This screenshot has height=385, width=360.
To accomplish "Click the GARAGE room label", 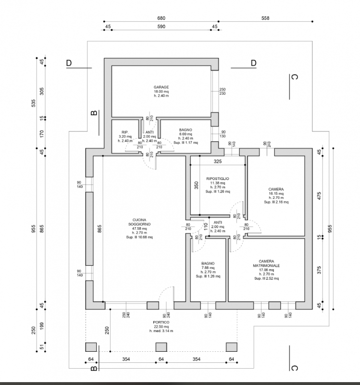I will click(161, 87).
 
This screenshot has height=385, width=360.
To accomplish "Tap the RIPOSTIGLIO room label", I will click(218, 179).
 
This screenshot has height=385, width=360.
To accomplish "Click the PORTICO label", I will click(161, 322).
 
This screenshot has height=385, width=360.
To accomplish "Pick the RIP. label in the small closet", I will click(124, 132).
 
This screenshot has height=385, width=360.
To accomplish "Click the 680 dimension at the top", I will click(161, 18).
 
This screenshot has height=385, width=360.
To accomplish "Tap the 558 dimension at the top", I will click(265, 18).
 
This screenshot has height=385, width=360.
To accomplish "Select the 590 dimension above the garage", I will click(161, 27).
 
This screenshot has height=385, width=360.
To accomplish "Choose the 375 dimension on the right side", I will click(319, 269).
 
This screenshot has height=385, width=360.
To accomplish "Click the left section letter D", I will click(69, 63).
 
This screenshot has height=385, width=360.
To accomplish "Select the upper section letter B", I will click(94, 113).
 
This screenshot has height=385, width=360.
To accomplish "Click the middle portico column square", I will click(161, 347).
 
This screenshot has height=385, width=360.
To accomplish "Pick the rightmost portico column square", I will click(232, 347).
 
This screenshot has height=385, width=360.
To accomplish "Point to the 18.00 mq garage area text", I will click(161, 91).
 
